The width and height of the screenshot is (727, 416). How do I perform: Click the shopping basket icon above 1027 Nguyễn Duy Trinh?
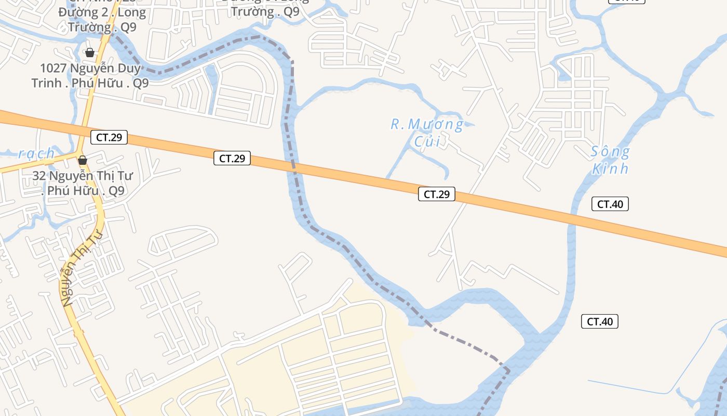click(89, 53)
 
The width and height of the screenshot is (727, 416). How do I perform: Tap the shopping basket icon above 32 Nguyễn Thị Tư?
click(82, 160)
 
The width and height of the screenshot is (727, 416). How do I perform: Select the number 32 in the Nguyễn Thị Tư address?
click(39, 176)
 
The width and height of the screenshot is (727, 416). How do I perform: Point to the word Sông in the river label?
click(610, 152)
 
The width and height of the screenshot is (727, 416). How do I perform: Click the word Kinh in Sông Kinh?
click(610, 169)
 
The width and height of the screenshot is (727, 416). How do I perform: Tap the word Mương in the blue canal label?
click(435, 124)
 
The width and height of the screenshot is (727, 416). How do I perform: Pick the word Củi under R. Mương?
click(426, 141)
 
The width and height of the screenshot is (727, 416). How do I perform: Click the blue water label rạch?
click(36, 153)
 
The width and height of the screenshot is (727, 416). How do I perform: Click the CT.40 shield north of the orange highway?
click(610, 204)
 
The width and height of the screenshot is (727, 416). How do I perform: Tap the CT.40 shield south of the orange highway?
click(599, 322)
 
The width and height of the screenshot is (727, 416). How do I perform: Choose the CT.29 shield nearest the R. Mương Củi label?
click(436, 194)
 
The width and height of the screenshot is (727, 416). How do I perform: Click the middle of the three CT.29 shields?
click(232, 159)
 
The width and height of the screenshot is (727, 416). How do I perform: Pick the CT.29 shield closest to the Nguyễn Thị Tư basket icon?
click(109, 137)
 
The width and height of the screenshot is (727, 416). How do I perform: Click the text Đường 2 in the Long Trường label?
click(79, 12)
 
